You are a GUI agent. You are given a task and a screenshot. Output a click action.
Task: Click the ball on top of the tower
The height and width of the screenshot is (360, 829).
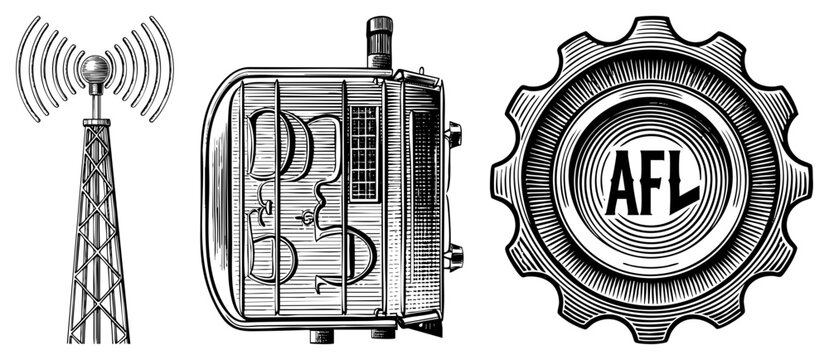pyautogui.click(x=96, y=69)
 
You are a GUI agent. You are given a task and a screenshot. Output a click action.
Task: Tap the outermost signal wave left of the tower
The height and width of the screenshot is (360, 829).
pyautogui.click(x=26, y=70)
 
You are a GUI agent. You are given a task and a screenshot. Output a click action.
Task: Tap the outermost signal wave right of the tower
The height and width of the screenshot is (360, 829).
pyautogui.click(x=166, y=70)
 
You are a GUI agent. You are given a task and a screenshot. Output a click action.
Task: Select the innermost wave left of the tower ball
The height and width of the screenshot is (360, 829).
pyautogui.click(x=75, y=69)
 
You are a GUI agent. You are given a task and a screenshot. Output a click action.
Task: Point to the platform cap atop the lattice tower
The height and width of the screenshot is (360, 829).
pyautogui.click(x=96, y=121)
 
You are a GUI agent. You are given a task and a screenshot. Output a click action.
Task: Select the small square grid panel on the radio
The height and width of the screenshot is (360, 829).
pyautogui.click(x=364, y=153)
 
